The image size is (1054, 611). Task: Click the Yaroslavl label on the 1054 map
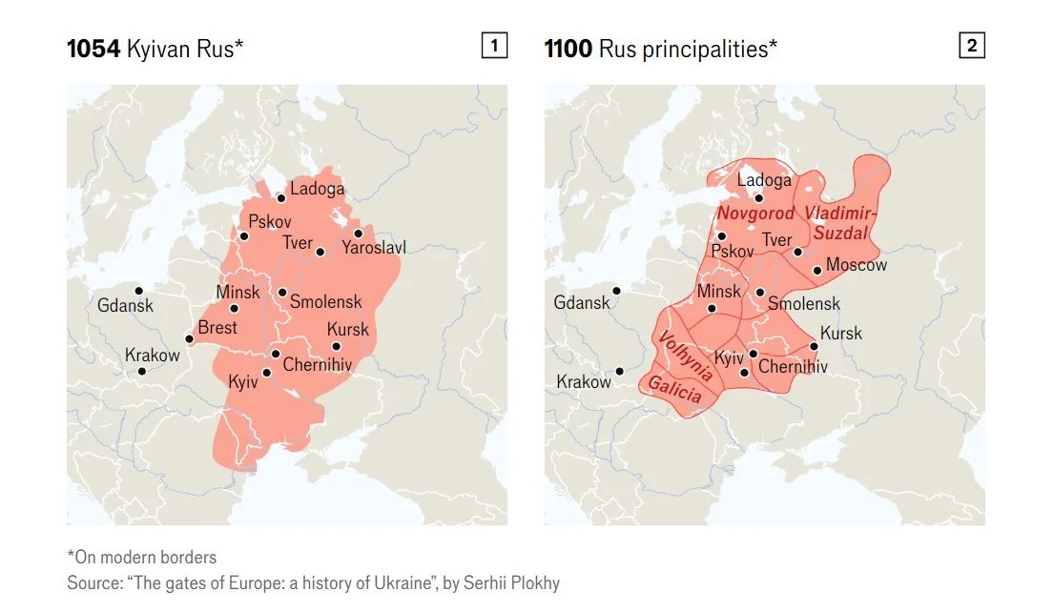374,249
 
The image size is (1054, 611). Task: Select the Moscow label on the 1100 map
856,265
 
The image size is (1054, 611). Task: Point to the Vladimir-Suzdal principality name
840,221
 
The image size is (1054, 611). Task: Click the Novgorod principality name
755,214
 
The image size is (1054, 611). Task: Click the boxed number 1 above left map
494,45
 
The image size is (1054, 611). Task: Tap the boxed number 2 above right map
971,45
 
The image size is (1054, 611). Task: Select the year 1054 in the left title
93,49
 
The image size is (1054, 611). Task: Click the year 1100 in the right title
568,49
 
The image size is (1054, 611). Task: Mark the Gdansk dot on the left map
139,290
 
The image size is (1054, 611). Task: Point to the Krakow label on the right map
584,382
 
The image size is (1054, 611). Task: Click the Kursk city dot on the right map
814,346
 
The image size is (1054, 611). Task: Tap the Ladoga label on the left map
317,189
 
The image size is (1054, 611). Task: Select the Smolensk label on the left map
325,302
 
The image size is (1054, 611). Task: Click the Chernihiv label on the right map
793,367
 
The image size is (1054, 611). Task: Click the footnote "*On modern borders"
141,558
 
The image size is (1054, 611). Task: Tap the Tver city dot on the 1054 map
320,253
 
